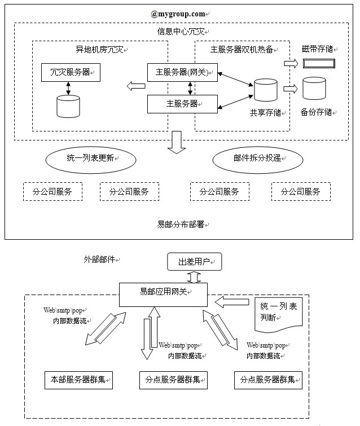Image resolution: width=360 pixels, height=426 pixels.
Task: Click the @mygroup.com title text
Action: click(178, 12)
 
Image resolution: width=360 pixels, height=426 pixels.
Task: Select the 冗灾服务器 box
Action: click(71, 72)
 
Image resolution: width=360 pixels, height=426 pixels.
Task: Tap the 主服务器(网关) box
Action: click(182, 72)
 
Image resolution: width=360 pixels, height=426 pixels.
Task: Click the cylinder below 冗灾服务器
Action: click(68, 106)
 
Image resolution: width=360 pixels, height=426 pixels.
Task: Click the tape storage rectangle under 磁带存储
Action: click(319, 63)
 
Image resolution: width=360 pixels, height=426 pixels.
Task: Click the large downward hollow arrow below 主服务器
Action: click(177, 142)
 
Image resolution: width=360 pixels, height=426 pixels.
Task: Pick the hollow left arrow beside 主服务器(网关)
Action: click(135, 86)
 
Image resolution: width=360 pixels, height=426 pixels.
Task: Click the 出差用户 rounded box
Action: click(194, 261)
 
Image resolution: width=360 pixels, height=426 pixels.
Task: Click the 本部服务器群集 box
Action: click(78, 380)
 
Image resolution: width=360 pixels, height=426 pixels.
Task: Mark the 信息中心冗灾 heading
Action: click(179, 31)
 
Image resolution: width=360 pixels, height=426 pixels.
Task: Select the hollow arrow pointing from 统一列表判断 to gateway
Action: click(232, 302)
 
